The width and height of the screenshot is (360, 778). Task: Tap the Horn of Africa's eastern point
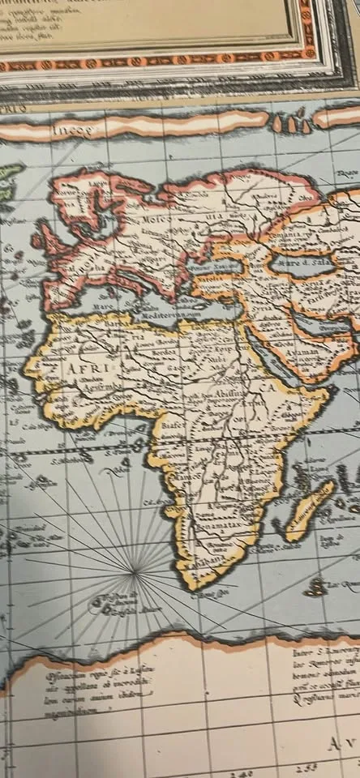tap(327, 393)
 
